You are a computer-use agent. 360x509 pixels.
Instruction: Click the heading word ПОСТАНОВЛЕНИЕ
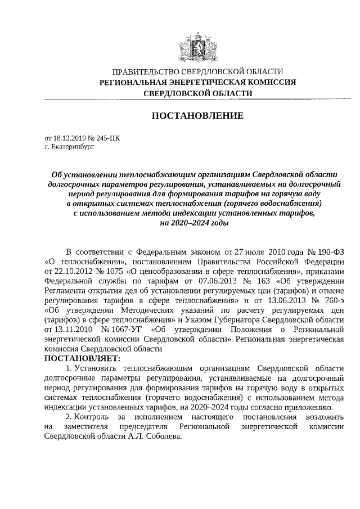(197, 116)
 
